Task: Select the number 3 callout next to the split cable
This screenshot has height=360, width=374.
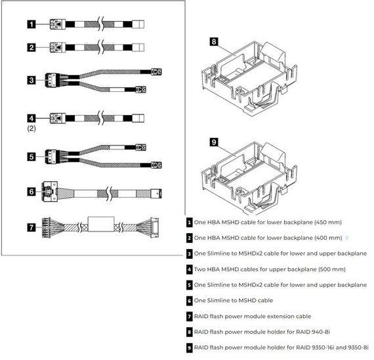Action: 31,81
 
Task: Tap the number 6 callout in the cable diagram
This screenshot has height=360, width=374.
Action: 31,192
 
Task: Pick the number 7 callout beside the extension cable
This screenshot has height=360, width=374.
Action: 31,227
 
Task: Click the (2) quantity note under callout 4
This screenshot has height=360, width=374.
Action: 31,129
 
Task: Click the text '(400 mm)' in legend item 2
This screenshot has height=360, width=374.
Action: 325,237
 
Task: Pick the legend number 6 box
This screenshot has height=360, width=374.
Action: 189,300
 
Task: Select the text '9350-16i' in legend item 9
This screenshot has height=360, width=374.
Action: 323,347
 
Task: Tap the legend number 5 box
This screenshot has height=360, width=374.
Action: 189,284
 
